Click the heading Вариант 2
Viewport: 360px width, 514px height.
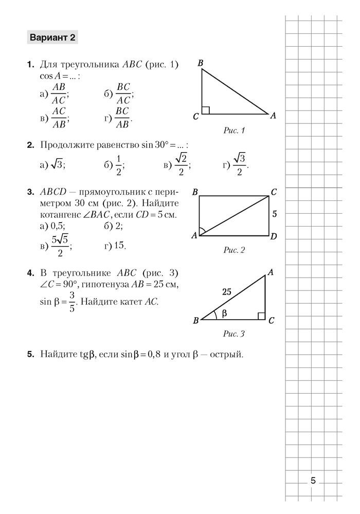53,38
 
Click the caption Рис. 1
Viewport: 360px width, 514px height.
235,131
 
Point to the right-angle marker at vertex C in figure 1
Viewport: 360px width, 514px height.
206,110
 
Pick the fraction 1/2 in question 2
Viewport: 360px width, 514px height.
119,164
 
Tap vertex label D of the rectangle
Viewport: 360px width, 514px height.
274,236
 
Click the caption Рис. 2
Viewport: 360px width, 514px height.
235,250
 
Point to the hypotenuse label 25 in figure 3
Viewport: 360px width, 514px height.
226,291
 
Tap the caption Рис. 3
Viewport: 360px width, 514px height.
235,334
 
